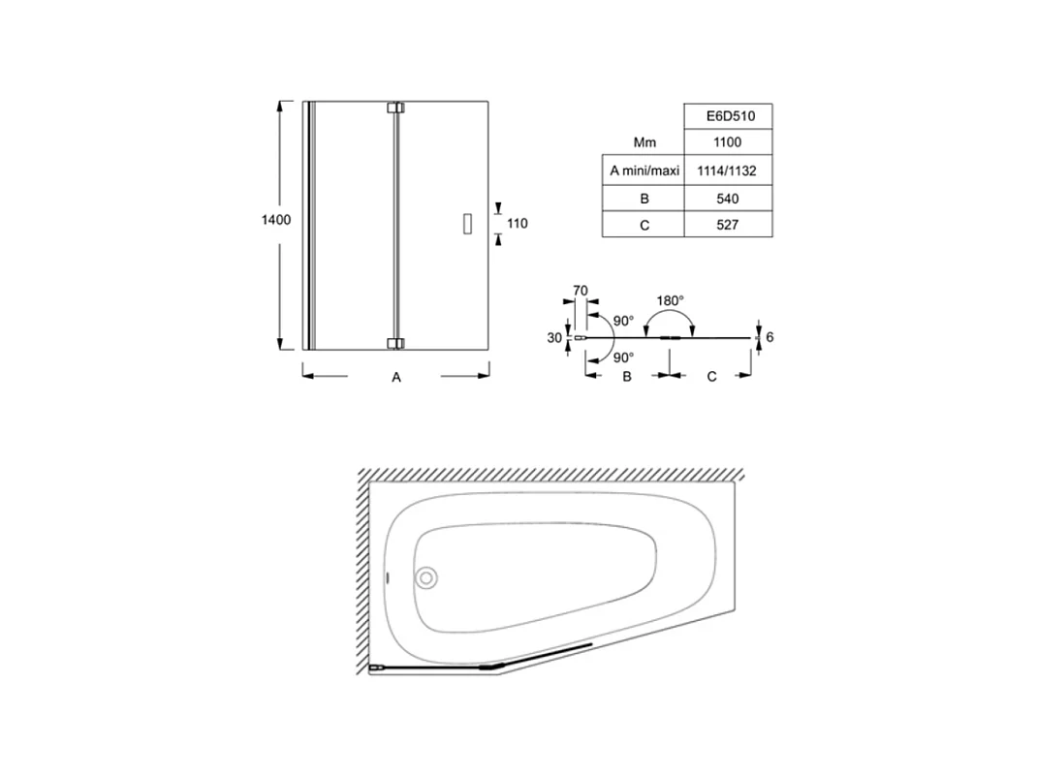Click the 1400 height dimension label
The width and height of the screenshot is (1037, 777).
tap(276, 220)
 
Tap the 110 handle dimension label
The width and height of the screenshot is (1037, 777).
tap(518, 224)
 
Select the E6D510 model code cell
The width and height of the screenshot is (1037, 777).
tap(728, 116)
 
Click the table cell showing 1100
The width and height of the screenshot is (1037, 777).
tap(728, 142)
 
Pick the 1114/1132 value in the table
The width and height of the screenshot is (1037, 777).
tap(728, 171)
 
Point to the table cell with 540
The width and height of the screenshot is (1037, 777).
tap(728, 199)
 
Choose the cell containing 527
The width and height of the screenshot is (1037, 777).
tap(728, 225)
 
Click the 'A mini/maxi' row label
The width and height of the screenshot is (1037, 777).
tap(644, 171)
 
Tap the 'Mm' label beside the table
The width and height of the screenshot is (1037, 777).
tap(644, 142)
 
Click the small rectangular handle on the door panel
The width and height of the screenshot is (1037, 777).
tap(467, 224)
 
